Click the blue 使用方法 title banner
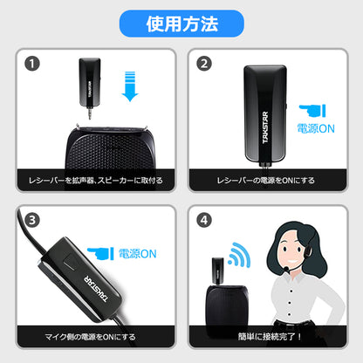pos(181,24)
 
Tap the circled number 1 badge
pos(32,64)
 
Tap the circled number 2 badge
pos(204,64)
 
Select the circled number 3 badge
pos(32,220)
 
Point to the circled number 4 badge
pos(204,220)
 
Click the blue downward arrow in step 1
pos(130,86)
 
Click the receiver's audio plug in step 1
pos(90,113)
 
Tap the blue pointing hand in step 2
pos(312,111)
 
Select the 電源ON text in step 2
pos(316,128)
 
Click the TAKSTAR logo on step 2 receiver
pos(265,127)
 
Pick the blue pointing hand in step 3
pos(100,254)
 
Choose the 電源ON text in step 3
pos(137,254)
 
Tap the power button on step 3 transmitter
pos(70,264)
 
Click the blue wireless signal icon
pos(240,255)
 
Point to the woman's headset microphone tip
pos(286,269)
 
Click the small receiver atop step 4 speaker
pos(218,271)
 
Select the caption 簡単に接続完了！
pos(270,337)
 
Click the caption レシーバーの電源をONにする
pos(266,181)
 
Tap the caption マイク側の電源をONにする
pos(90,337)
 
